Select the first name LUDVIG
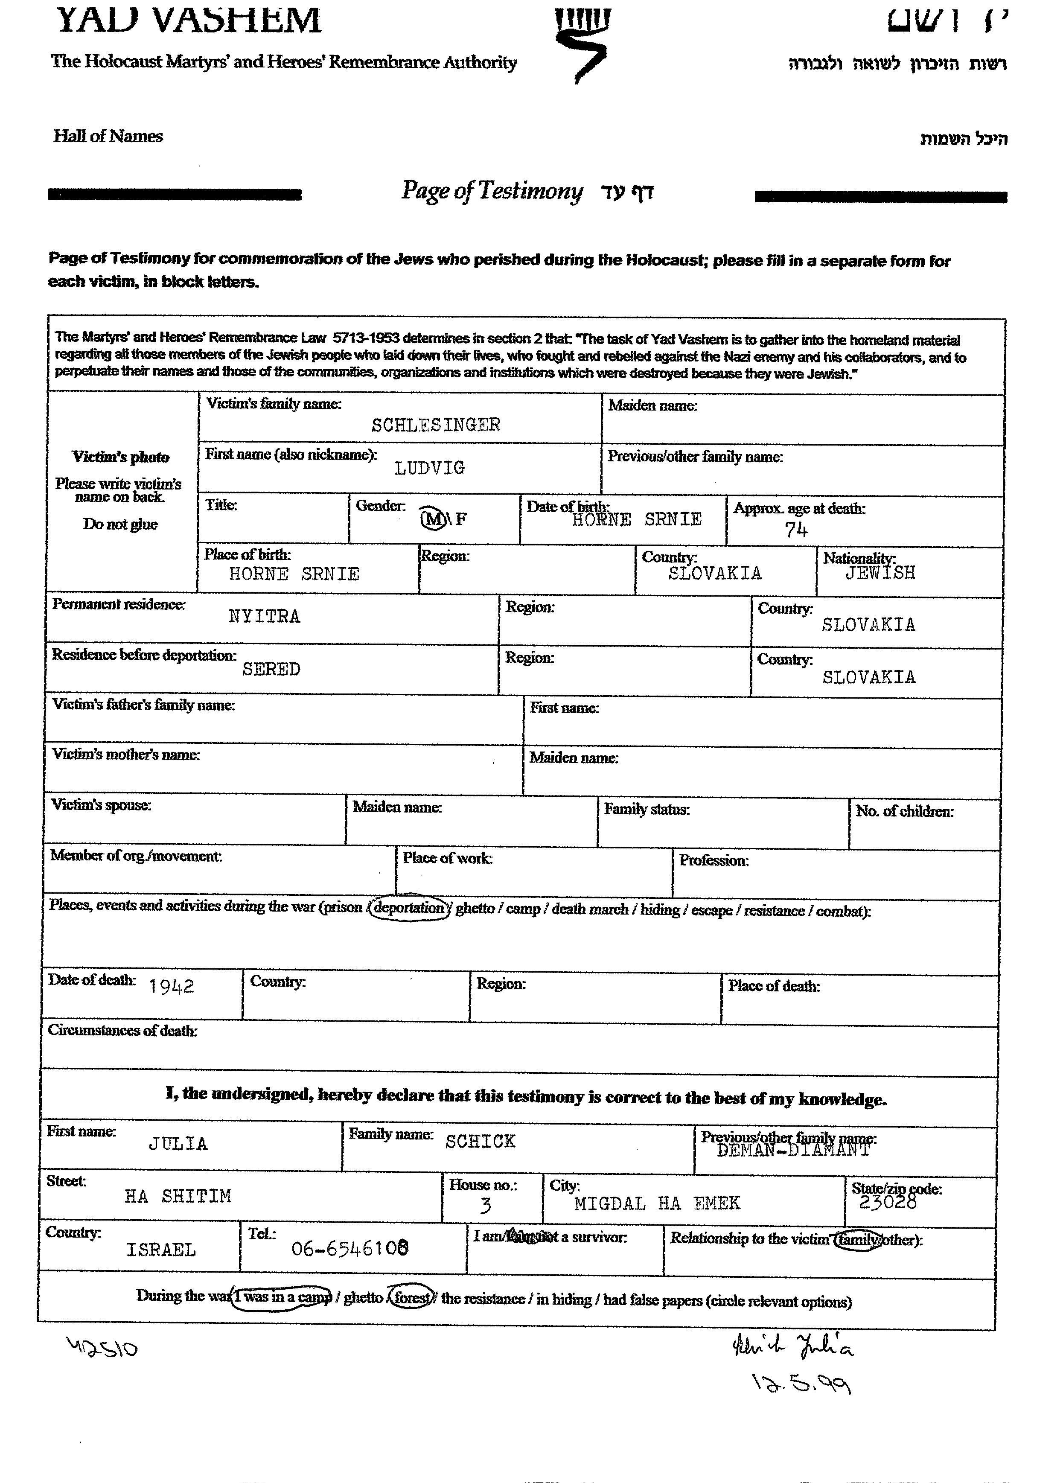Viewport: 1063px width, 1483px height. [430, 468]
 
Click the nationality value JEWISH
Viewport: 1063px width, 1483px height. [880, 573]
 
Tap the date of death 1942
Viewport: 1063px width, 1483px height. [171, 986]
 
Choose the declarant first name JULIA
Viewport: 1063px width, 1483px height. [178, 1144]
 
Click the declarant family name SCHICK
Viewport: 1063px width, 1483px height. [481, 1142]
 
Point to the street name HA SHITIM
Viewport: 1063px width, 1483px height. [178, 1196]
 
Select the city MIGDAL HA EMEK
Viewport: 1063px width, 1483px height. [657, 1203]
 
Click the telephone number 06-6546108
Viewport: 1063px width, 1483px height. [350, 1249]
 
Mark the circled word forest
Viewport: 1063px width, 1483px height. [411, 1298]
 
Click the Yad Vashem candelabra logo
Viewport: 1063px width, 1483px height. [581, 43]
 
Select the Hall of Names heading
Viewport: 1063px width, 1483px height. [108, 137]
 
